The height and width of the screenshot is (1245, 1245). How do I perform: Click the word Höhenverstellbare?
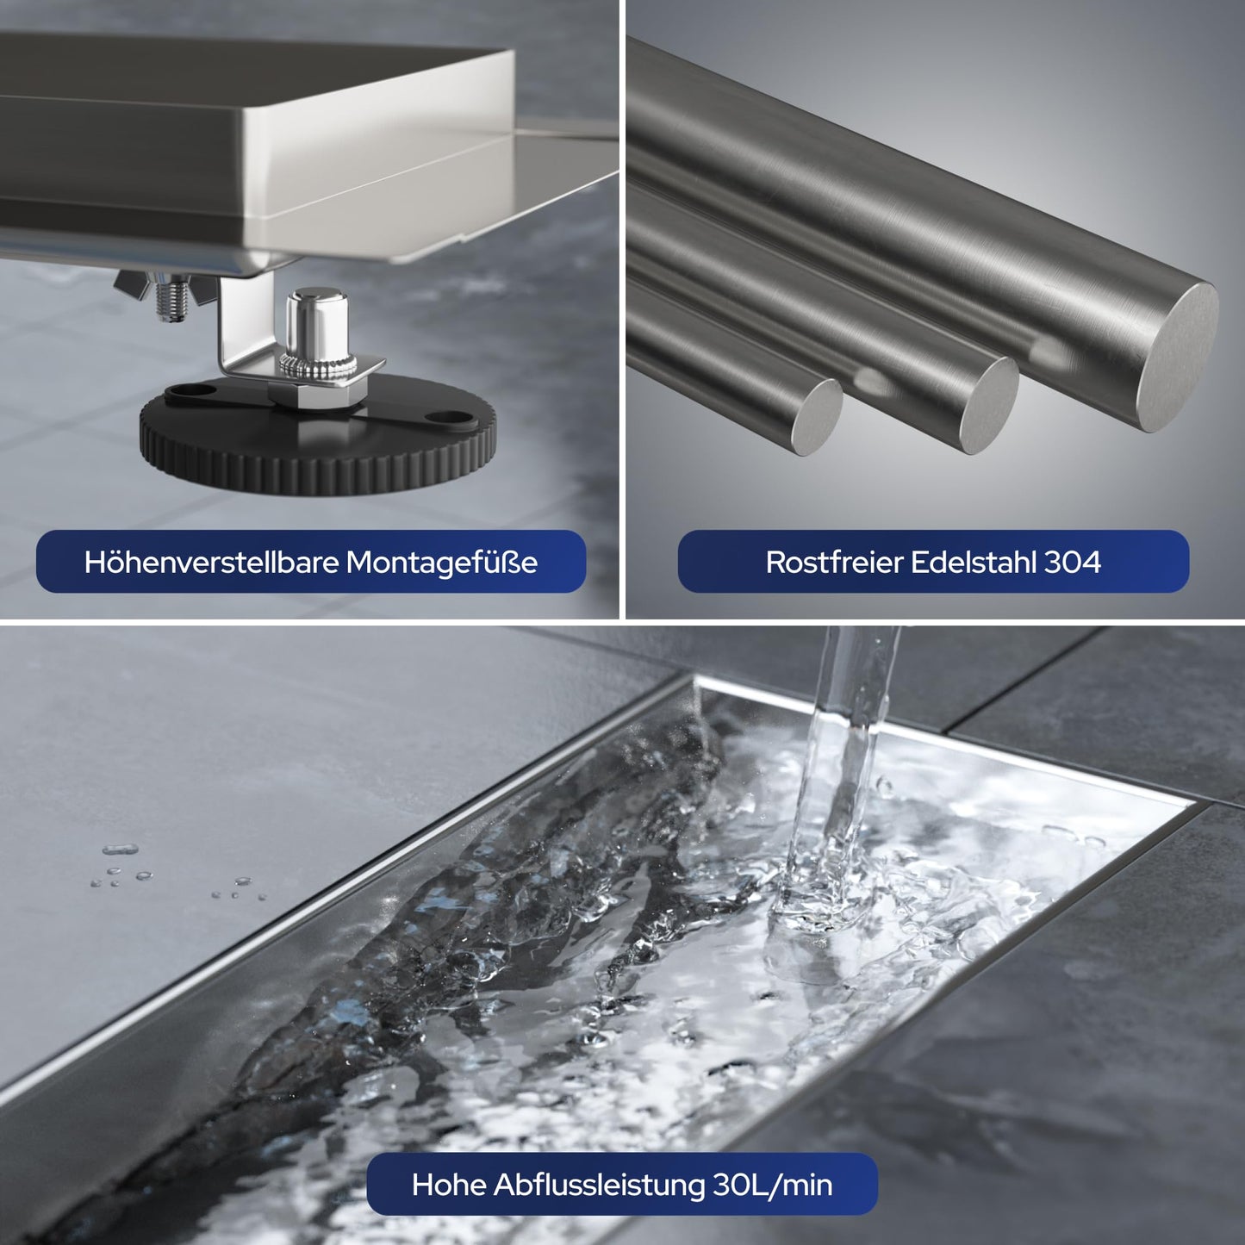point(212,562)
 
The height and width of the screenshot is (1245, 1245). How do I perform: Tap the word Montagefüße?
point(442,562)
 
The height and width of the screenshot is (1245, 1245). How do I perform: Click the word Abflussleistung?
point(600,1185)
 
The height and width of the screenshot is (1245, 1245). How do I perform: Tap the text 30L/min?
point(773,1185)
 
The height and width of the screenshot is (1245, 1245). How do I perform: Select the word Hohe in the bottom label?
point(449,1185)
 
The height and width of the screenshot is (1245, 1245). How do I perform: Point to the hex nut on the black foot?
point(318,393)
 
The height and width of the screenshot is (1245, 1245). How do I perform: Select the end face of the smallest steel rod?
point(817,418)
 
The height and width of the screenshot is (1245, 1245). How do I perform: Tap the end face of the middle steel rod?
point(988,405)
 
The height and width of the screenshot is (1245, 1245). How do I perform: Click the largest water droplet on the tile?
point(120,849)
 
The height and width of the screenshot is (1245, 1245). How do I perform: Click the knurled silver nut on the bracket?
point(317,367)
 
